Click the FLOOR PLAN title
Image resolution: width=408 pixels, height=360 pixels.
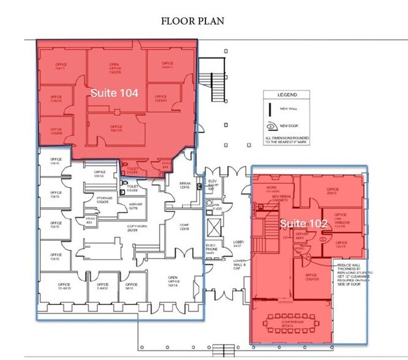[193, 21]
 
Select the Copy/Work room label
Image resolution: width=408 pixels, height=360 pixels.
[136, 227]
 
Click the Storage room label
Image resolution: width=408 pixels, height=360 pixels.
[106, 199]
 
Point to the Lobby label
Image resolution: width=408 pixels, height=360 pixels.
[239, 242]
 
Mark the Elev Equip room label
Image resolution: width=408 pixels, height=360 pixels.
[211, 184]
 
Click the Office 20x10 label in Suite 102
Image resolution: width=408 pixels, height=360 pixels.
[332, 192]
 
